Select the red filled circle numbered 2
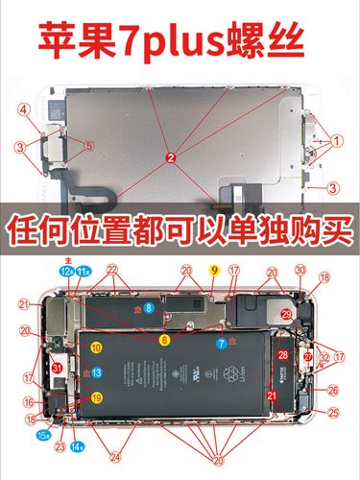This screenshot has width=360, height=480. pos(170,156)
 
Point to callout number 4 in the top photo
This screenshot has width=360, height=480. pos(22,108)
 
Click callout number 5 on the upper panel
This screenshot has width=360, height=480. pos(88,146)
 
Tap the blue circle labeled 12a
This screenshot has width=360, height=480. pos(66,273)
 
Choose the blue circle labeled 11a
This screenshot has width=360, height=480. pos(85,273)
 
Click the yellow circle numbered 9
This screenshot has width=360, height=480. pos(214,272)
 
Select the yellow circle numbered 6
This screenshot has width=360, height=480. pos(164,339)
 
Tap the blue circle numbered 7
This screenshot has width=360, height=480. pos(222,341)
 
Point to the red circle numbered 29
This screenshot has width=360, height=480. pos(286,314)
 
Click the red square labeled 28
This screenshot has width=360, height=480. pos(283,355)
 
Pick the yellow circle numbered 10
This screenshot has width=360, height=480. pos(96,347)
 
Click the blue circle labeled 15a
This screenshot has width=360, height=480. pos(42,435)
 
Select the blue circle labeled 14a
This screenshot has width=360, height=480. pos(78,446)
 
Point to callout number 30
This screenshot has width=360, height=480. pos(300,271)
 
